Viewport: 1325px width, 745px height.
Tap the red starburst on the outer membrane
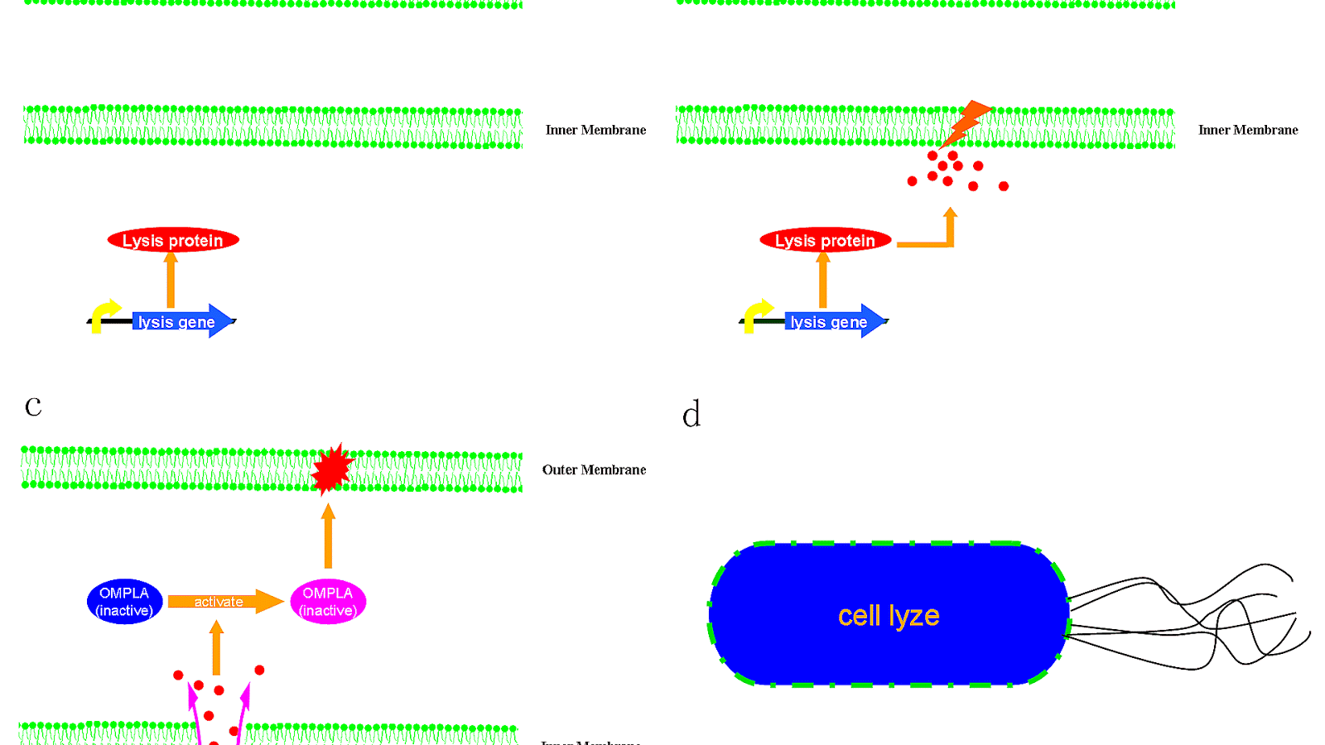coord(332,469)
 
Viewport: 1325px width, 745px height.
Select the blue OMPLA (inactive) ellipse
coord(124,602)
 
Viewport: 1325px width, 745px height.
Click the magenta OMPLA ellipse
coord(328,602)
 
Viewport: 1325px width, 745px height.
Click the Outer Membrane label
coord(594,470)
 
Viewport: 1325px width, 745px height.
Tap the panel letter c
coord(33,406)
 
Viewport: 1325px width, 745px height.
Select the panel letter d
coord(691,414)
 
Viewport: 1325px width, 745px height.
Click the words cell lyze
coord(889,616)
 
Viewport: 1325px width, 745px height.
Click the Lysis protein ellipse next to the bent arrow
coord(825,241)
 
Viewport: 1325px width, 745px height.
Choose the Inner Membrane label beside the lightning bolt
coord(1248,130)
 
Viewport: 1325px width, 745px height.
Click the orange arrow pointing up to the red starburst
coord(328,536)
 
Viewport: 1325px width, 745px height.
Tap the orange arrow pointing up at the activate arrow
coord(217,647)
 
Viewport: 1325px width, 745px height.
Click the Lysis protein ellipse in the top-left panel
coord(173,241)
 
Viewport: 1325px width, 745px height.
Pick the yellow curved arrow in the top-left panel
coord(104,315)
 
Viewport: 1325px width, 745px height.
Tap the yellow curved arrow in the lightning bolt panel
coord(757,315)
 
